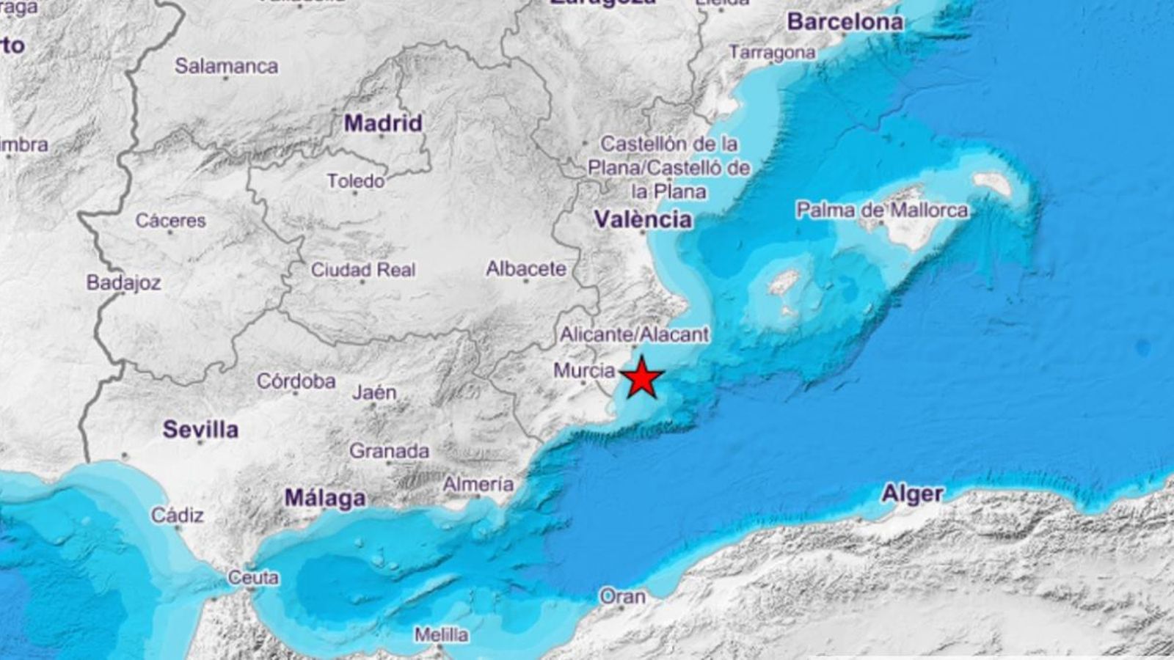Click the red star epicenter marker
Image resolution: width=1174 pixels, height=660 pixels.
(643, 378)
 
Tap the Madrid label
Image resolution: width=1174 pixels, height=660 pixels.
(383, 122)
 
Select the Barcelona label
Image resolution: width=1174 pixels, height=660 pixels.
(845, 22)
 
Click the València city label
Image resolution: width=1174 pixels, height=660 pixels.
(643, 219)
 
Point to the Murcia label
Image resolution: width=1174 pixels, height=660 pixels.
(583, 371)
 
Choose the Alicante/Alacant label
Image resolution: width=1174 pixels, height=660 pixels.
(634, 334)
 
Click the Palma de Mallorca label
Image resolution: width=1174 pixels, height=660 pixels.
(881, 210)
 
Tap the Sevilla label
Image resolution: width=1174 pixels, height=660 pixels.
(200, 429)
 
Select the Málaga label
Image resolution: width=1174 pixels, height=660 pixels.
(325, 498)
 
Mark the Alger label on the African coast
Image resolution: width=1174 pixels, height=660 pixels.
(912, 494)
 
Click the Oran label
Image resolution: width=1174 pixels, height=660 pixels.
(622, 596)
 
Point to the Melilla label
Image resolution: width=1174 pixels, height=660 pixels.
(440, 634)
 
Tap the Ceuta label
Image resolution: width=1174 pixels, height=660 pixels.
(253, 578)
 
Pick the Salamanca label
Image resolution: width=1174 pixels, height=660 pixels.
(226, 66)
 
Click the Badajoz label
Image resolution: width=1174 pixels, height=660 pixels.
(123, 282)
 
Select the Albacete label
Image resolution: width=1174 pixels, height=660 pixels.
(525, 269)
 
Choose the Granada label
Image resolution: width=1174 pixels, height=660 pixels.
(389, 450)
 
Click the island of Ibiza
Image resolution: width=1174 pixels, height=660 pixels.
(782, 283)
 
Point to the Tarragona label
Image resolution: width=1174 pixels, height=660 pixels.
(772, 52)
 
